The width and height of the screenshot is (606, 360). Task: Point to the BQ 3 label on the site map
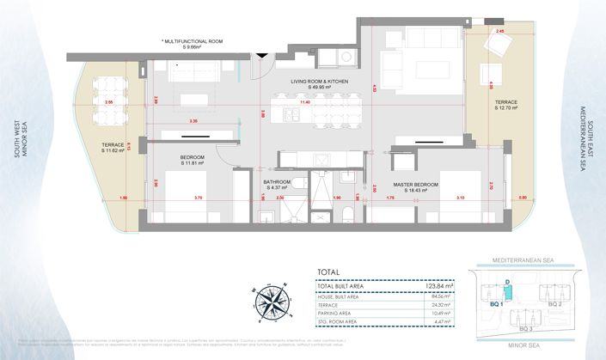[x=524, y=328]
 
